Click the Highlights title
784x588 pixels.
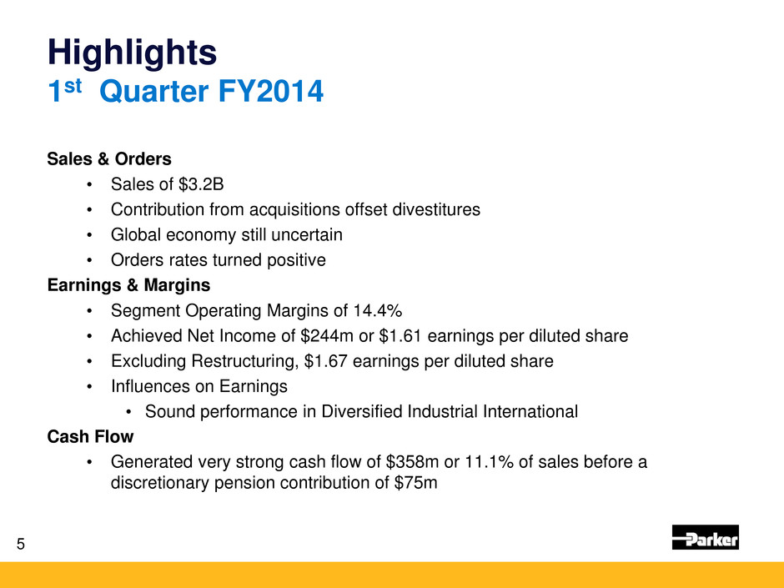(132, 53)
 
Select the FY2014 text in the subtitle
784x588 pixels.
(271, 92)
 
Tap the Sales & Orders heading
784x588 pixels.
(109, 159)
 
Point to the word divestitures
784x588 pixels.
(436, 209)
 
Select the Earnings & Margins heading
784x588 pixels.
(128, 285)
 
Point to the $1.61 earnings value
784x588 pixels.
(400, 336)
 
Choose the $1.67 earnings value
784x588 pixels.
(325, 361)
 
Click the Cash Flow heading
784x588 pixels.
(90, 437)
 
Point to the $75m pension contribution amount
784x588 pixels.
(415, 483)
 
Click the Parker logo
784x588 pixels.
(705, 537)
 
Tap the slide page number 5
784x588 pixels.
(21, 544)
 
